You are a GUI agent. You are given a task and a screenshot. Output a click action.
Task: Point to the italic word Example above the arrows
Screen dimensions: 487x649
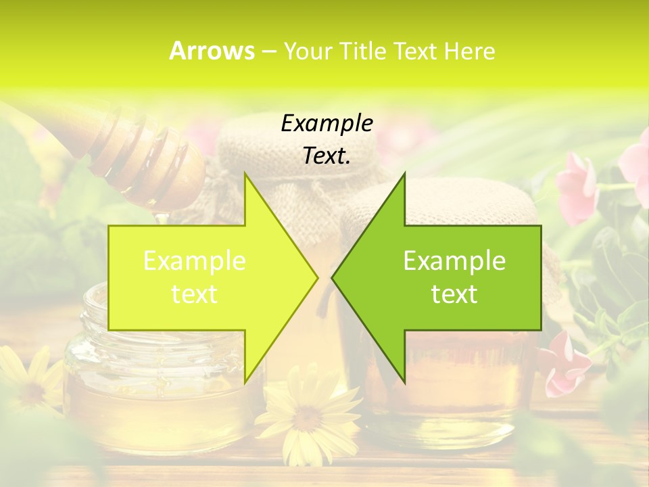(327, 123)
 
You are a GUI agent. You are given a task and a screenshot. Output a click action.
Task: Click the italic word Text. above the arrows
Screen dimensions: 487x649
(327, 156)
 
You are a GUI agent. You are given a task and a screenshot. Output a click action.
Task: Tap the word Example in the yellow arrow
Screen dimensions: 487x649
(195, 260)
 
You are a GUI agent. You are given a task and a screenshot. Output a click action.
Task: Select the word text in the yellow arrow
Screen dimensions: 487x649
(195, 294)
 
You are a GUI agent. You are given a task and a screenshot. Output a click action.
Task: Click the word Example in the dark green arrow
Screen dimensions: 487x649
(454, 260)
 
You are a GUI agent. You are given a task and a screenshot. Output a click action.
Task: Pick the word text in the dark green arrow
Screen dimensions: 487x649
(454, 294)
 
